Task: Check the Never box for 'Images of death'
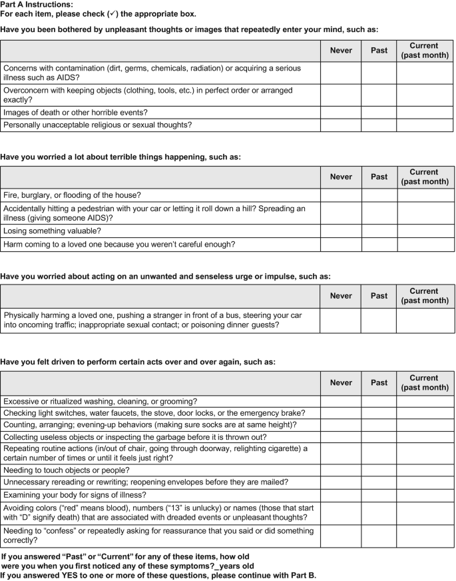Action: point(340,112)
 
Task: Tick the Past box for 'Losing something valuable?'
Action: point(379,231)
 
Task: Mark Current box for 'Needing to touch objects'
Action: point(425,470)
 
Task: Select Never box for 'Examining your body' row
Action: point(340,495)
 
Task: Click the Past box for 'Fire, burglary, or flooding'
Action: point(379,195)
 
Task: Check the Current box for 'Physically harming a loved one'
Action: point(425,320)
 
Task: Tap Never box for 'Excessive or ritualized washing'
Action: point(340,401)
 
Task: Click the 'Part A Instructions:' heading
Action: point(37,5)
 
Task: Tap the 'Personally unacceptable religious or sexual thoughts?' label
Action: point(97,125)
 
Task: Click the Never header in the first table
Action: point(340,51)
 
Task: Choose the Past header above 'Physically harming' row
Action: point(379,296)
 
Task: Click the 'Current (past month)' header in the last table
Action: point(425,382)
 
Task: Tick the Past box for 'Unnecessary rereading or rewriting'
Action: point(379,482)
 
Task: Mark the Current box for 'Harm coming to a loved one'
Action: point(425,245)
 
